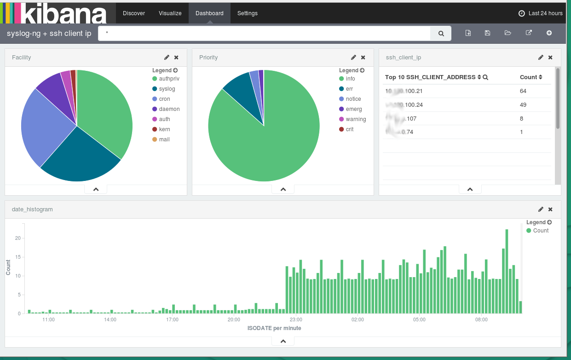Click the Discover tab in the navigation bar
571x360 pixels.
click(x=134, y=13)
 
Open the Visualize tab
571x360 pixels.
click(x=170, y=13)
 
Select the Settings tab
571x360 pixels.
click(x=248, y=13)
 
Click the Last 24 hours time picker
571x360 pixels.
click(x=541, y=13)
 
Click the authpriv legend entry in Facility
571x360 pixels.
click(x=169, y=79)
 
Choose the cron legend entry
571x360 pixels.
click(x=164, y=99)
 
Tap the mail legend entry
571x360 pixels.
click(x=164, y=139)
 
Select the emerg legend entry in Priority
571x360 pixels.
click(x=353, y=109)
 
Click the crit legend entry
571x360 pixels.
click(x=350, y=129)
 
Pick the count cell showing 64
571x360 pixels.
click(x=523, y=91)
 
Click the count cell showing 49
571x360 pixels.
click(x=523, y=105)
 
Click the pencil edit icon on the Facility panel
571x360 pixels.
click(x=167, y=58)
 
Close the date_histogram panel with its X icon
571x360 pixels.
click(x=550, y=209)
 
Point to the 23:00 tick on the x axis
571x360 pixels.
click(x=296, y=319)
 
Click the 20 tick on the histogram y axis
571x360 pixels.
click(x=18, y=238)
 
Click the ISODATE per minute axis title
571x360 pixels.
click(x=274, y=328)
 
